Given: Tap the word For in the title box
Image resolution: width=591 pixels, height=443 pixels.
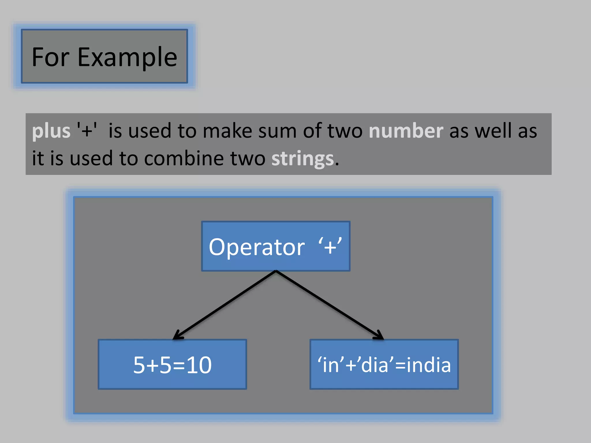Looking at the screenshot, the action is tap(51, 57).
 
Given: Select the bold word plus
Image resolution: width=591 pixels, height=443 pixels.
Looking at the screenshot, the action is tap(51, 131).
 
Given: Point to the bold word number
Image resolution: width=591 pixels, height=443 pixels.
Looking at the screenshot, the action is tap(406, 131).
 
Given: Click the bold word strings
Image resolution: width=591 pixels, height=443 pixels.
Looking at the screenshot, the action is tap(302, 159).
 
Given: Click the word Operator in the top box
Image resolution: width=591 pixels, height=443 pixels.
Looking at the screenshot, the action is tap(257, 247).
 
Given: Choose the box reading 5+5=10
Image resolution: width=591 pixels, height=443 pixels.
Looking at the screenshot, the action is tap(172, 365).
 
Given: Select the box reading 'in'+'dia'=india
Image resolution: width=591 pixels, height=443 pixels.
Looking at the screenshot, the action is tap(384, 365).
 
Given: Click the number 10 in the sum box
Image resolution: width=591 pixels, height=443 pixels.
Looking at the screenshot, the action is tap(199, 365).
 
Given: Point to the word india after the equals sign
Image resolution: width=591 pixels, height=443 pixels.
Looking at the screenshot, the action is tap(429, 365).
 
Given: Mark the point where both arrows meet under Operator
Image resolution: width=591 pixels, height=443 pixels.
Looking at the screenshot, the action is tap(276, 271).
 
